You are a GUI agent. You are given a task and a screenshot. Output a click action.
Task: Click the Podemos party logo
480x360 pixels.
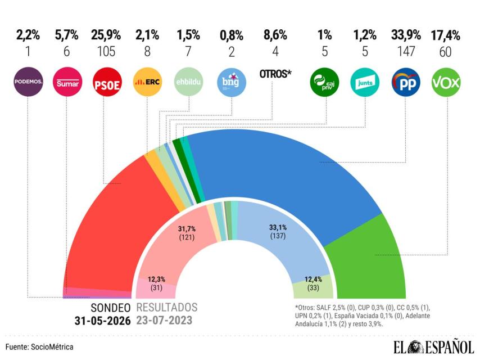[29, 82]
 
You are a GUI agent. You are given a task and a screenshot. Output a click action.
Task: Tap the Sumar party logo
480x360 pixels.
[67, 82]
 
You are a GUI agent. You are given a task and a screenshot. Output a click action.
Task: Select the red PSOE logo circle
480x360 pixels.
[107, 82]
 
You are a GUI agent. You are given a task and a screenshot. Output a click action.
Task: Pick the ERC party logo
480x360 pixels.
[147, 82]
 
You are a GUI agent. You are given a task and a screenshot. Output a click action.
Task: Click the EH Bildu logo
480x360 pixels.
[189, 82]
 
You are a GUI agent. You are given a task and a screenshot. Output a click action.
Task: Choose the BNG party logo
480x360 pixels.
[232, 82]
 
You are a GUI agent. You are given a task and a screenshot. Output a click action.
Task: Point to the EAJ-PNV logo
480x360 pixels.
[324, 82]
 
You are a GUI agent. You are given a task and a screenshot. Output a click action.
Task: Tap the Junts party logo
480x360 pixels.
[365, 82]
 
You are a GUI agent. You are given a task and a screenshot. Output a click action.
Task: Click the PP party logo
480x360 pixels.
[406, 82]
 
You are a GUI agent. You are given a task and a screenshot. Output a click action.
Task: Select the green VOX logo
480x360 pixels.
[446, 82]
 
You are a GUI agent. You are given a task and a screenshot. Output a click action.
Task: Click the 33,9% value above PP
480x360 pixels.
[406, 35]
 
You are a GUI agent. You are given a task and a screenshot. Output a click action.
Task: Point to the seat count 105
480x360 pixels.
[106, 51]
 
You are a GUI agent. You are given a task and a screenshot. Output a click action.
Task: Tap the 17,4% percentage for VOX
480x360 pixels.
[445, 35]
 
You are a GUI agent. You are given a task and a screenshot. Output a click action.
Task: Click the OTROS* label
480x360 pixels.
[275, 74]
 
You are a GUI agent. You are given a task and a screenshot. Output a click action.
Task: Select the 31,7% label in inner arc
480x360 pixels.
[187, 229]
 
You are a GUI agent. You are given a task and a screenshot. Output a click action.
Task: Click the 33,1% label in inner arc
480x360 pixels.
[278, 227]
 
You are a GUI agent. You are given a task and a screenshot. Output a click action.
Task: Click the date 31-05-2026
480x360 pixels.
[102, 321]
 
